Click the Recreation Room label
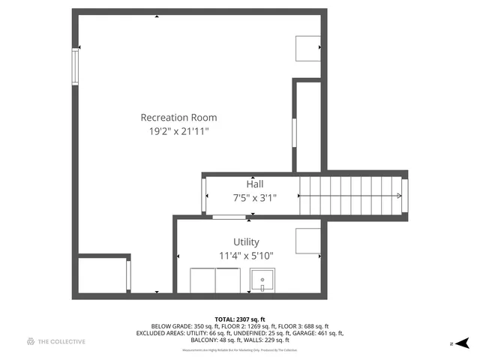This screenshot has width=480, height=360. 179,118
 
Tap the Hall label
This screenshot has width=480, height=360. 255,184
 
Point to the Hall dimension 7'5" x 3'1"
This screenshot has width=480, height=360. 255,198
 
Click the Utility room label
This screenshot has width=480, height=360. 246,241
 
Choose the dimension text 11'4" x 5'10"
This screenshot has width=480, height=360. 246,256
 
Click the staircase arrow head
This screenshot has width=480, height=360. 399,196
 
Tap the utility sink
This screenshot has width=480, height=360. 262,281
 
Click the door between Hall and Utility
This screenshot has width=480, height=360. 229,217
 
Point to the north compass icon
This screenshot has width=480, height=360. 463,343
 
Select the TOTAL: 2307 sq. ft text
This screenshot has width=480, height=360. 239,319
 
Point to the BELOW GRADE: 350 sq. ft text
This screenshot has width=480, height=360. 182,326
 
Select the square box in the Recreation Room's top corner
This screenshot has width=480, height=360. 307,48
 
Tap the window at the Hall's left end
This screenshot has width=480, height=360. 205,196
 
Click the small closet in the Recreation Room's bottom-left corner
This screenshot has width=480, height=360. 103,274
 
